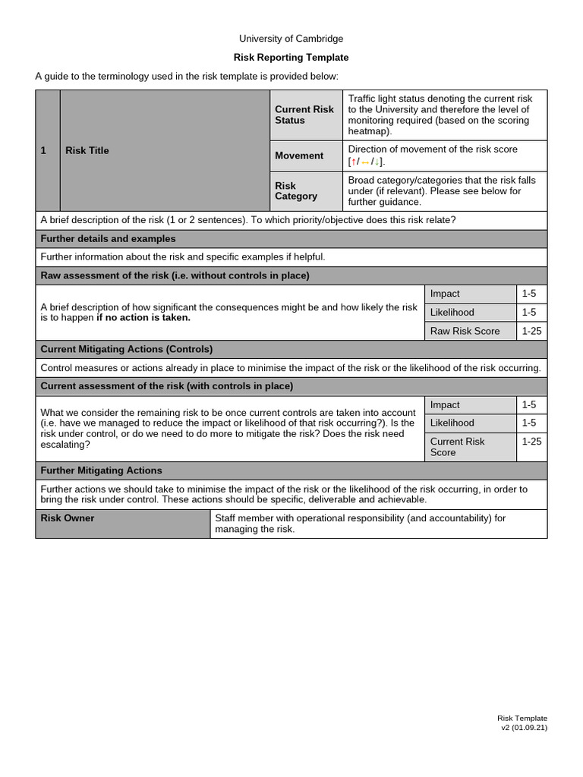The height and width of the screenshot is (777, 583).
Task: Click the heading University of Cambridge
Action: (x=291, y=39)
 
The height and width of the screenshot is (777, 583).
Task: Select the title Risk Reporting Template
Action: (x=291, y=58)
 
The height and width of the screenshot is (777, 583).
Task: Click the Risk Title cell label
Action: (x=87, y=150)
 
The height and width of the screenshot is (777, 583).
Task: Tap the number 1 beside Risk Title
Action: (x=44, y=150)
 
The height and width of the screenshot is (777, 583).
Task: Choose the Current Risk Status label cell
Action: (x=304, y=115)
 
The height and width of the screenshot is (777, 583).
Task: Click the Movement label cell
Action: (x=299, y=156)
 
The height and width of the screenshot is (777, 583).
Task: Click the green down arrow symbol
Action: (x=377, y=162)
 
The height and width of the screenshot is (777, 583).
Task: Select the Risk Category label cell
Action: (x=296, y=190)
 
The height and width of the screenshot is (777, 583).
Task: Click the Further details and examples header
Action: (x=108, y=239)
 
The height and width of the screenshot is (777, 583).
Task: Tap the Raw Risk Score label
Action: (x=465, y=331)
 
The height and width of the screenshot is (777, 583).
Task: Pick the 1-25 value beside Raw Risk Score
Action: (x=531, y=331)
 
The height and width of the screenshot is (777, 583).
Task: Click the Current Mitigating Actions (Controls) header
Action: (x=126, y=349)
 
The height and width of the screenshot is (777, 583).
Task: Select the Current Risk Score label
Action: (x=457, y=447)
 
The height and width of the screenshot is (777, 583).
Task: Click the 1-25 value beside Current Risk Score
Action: (x=531, y=441)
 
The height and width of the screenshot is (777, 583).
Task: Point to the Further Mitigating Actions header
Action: (x=101, y=470)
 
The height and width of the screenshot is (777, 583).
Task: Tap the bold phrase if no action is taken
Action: (x=143, y=318)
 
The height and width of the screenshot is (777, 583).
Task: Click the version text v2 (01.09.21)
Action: (x=524, y=728)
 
